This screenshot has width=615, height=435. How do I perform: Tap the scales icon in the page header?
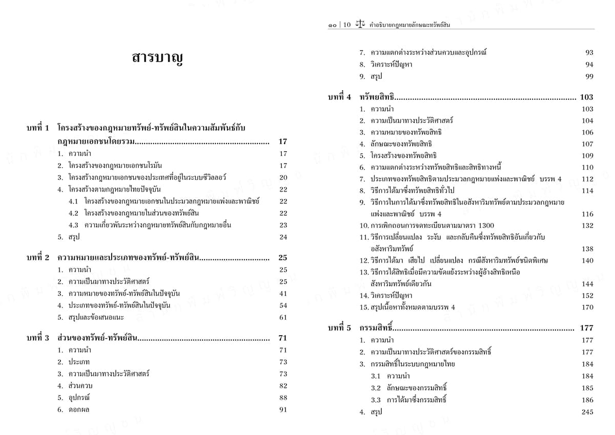click(x=361, y=24)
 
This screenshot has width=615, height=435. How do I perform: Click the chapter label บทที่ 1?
click(x=38, y=128)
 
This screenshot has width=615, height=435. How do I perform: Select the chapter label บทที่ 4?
click(x=339, y=97)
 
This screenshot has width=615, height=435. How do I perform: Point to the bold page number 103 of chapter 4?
click(x=586, y=97)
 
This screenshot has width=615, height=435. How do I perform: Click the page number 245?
click(x=587, y=412)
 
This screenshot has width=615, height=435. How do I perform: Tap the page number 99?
click(x=589, y=76)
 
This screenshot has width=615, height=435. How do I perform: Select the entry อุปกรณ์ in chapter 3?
click(x=80, y=398)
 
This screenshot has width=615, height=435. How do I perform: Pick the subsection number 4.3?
click(x=73, y=225)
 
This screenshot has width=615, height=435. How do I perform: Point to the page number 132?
click(x=587, y=225)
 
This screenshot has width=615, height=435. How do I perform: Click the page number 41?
click(x=283, y=294)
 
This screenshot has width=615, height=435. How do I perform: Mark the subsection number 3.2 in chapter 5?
click(x=376, y=388)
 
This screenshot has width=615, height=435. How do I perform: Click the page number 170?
click(x=587, y=307)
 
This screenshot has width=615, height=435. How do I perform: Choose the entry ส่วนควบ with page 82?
click(x=80, y=385)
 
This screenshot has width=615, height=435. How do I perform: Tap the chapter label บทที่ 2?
click(x=38, y=257)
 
